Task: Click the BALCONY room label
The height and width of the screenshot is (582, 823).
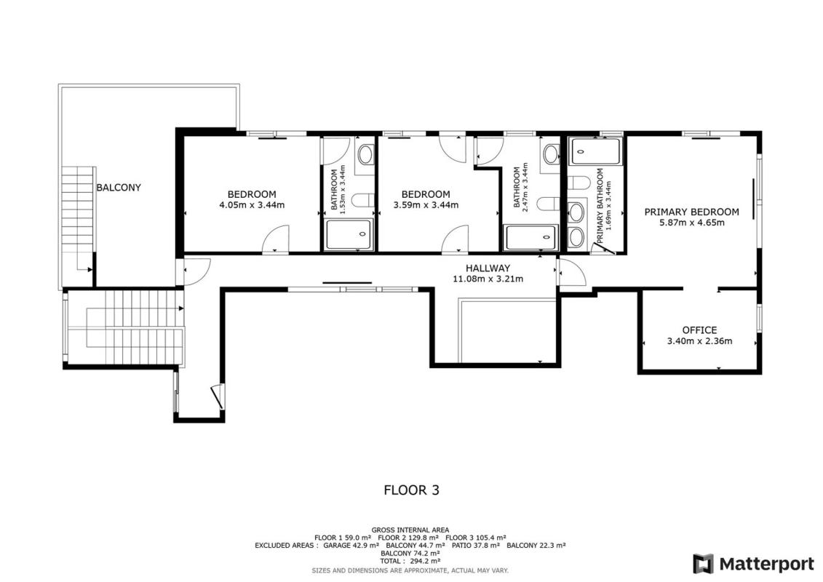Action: click(119, 188)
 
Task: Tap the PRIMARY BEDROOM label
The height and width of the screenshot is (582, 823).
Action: click(692, 212)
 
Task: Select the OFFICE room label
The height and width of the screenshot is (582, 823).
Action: click(699, 330)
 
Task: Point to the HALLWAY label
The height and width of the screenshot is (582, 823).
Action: click(488, 268)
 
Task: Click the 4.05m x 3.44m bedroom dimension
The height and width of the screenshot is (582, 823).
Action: click(252, 204)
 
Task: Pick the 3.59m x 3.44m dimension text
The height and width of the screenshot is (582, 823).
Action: click(426, 204)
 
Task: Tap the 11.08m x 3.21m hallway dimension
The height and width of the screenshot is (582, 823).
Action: click(488, 279)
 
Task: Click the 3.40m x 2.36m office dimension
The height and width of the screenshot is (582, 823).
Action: click(699, 341)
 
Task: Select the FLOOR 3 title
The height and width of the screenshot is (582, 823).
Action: click(412, 490)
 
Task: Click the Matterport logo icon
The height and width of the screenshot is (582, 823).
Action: click(704, 564)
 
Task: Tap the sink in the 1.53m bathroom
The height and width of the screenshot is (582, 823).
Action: click(365, 154)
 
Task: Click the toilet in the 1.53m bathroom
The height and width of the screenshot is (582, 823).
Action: click(362, 201)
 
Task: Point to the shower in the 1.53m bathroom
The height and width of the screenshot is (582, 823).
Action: click(349, 234)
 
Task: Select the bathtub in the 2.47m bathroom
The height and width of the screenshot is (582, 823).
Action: click(530, 238)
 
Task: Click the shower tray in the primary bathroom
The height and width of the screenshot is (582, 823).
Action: click(595, 151)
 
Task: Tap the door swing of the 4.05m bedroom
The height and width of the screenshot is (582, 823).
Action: click(276, 239)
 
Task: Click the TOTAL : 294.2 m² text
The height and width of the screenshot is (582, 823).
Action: click(410, 561)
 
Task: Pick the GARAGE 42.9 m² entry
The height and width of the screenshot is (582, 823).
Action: click(351, 546)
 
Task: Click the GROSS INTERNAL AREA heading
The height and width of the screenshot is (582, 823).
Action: click(410, 530)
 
